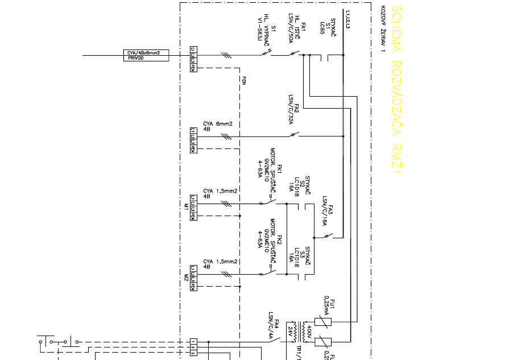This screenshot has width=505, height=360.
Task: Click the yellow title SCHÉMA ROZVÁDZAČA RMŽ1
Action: pos(397,90)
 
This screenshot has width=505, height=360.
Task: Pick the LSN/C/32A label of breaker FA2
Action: pos(290,110)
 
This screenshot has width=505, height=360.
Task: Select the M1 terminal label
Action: pos(186,210)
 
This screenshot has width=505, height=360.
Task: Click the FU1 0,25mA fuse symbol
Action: pos(322,322)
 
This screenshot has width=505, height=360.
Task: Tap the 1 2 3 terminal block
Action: pos(193,347)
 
